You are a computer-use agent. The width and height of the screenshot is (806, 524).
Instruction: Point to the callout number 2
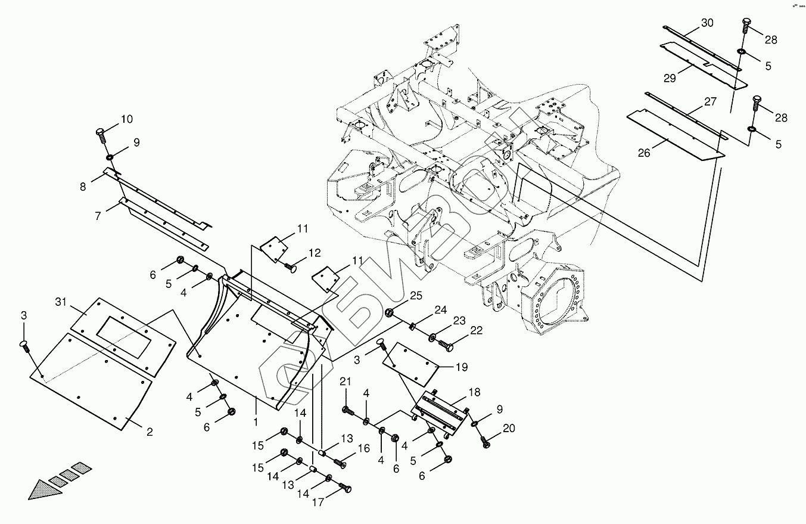tap(149, 432)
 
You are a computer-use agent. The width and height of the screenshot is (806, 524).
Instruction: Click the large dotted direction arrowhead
tap(45, 488)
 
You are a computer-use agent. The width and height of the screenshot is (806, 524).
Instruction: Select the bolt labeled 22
tap(446, 345)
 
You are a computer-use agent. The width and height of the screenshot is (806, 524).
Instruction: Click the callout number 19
tap(462, 368)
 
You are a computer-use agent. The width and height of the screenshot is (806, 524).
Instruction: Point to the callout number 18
tap(474, 392)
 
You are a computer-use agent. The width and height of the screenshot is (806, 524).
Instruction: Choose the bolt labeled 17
tap(344, 489)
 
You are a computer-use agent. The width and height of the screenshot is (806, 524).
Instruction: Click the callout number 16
tap(363, 448)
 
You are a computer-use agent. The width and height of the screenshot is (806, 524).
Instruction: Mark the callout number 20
tap(508, 428)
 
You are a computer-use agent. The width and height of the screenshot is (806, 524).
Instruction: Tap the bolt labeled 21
tap(347, 410)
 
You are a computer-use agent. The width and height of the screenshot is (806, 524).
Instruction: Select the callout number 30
tap(707, 23)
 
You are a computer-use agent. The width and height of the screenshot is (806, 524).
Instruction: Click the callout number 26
tap(644, 153)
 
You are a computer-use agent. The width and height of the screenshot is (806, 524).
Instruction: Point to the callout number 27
tap(710, 101)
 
